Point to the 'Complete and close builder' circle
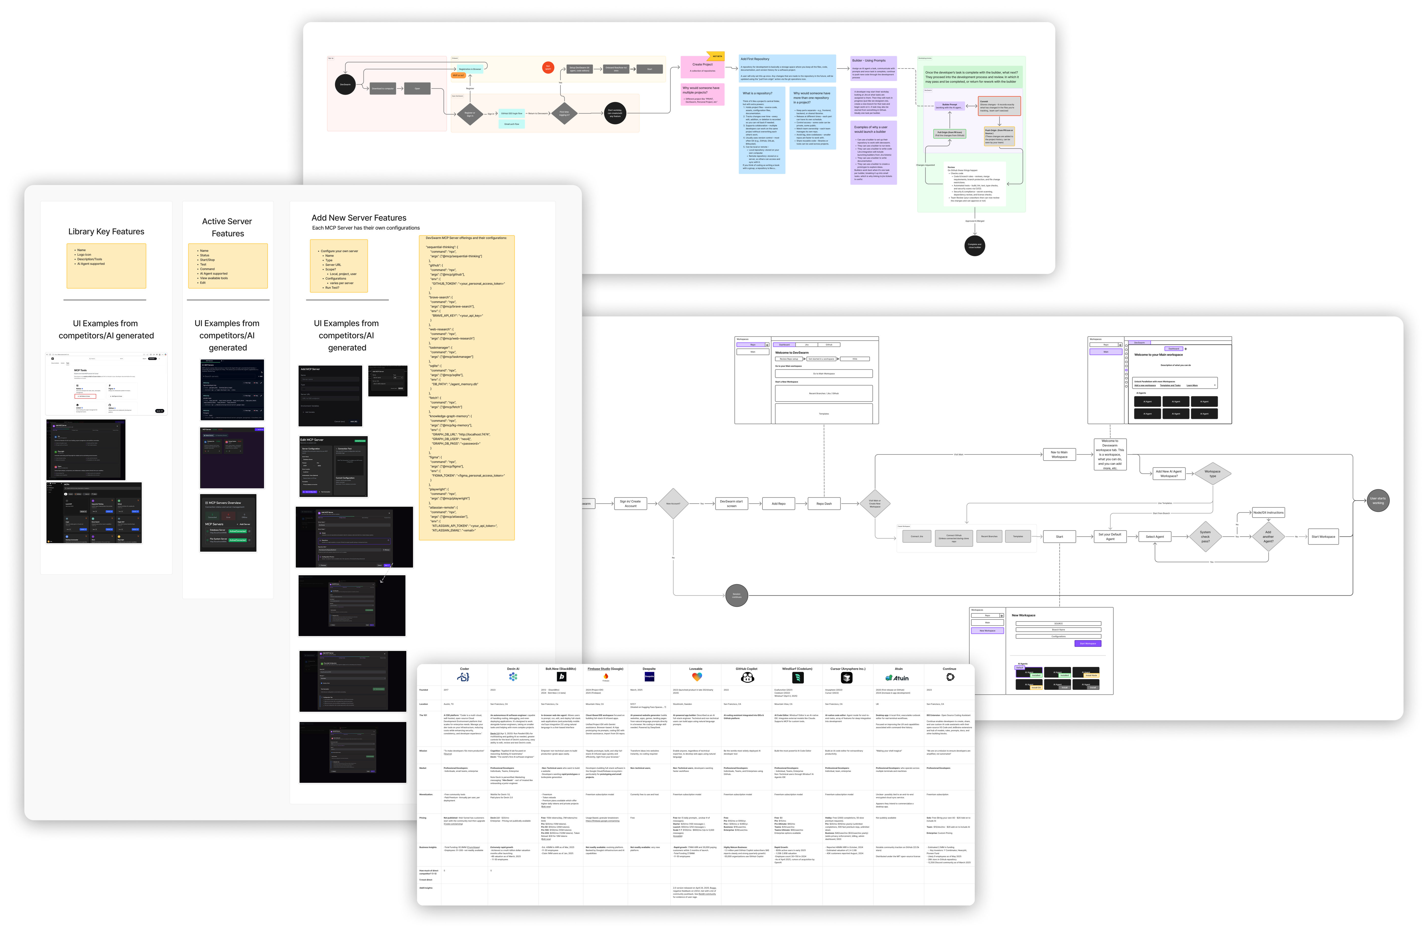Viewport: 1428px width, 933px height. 974,245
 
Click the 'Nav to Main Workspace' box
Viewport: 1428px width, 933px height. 1059,454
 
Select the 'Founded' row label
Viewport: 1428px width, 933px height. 424,690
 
